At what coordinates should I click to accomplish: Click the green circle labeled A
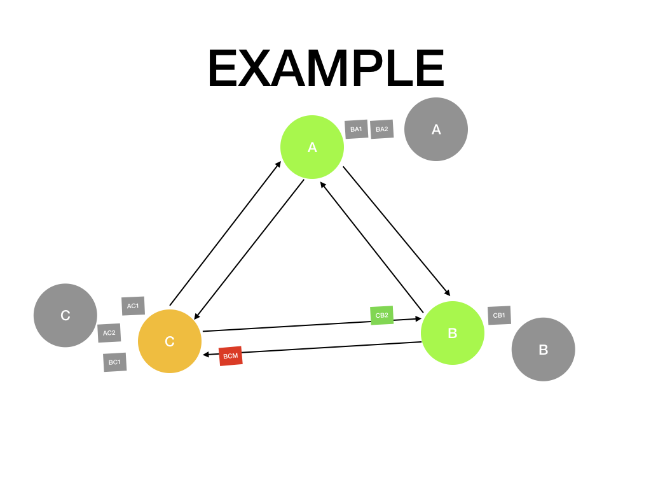click(312, 147)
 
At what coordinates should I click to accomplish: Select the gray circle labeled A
click(436, 129)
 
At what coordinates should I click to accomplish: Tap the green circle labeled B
click(453, 333)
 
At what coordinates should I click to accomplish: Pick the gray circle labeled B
click(544, 350)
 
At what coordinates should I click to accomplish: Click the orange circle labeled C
click(170, 341)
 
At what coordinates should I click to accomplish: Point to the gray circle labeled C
click(65, 315)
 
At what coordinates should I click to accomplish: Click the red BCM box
click(230, 356)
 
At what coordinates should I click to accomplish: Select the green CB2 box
click(382, 315)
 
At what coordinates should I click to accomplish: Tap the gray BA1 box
click(356, 129)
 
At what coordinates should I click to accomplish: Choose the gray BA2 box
click(382, 129)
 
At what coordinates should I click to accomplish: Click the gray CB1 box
click(499, 315)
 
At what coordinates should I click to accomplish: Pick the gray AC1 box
click(133, 306)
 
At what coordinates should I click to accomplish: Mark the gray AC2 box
click(109, 333)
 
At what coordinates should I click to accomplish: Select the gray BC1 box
click(114, 362)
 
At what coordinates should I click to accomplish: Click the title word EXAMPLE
click(325, 69)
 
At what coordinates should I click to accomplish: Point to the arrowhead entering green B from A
click(448, 293)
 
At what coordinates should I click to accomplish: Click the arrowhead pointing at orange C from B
click(206, 355)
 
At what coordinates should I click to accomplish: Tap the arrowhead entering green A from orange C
click(278, 164)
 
